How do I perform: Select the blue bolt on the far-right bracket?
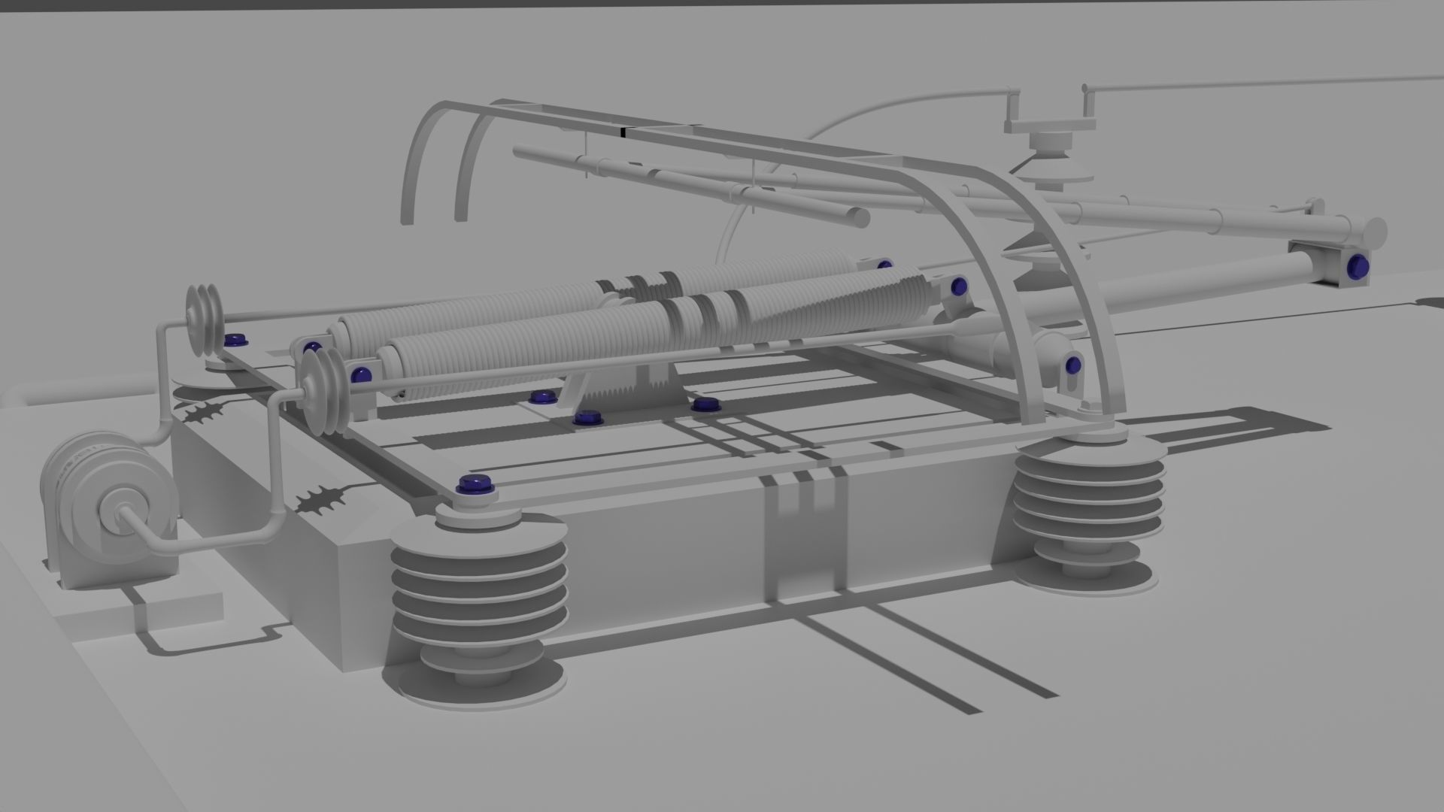(x=1358, y=264)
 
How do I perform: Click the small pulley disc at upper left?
(x=204, y=320)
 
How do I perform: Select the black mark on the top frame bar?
(x=623, y=132)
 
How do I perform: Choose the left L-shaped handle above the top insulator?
(x=1013, y=109)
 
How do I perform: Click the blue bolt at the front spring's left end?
(x=362, y=374)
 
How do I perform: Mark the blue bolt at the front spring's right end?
(x=958, y=286)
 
